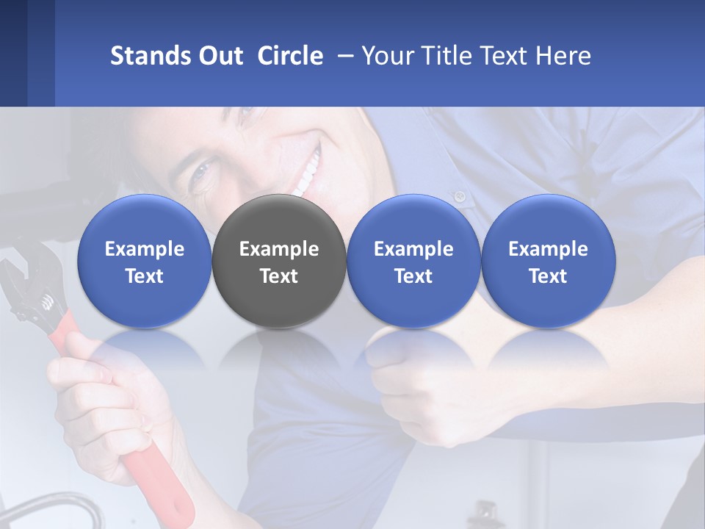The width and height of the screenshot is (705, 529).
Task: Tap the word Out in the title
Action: click(219, 56)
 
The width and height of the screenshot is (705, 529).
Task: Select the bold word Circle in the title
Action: click(290, 56)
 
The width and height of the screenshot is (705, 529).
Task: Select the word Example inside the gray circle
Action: click(279, 249)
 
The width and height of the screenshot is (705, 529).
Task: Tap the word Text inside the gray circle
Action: click(279, 276)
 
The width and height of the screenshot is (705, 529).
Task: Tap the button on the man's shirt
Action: click(460, 196)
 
